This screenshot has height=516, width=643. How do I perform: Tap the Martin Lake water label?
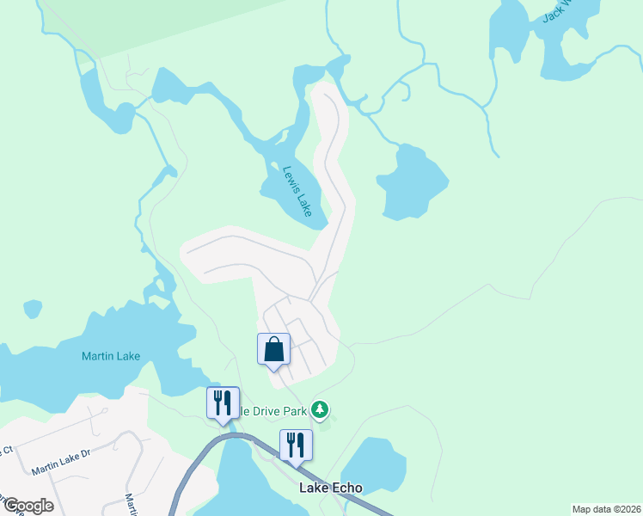tap(110, 356)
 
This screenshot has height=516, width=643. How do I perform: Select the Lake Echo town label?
tap(330, 488)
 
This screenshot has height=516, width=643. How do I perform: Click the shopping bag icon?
tap(273, 349)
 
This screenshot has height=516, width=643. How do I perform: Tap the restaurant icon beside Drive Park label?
tap(223, 402)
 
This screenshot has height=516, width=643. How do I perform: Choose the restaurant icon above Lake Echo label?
tap(296, 445)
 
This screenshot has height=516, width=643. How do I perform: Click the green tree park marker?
tap(320, 409)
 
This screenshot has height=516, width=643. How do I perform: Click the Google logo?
tap(28, 506)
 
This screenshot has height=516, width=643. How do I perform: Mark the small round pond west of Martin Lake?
tap(33, 308)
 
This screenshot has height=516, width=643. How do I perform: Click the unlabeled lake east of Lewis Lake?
tap(411, 182)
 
